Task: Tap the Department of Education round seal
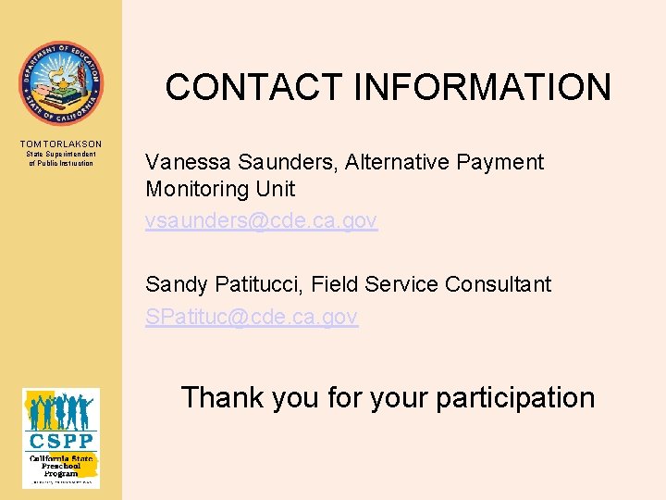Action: click(61, 83)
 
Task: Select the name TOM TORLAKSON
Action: click(61, 144)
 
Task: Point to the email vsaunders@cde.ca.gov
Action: click(261, 220)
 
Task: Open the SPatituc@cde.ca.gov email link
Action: click(252, 317)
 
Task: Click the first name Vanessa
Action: click(187, 163)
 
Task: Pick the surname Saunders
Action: click(288, 163)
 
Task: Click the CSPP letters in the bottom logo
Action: click(61, 442)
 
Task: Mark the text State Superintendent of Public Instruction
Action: click(61, 158)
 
